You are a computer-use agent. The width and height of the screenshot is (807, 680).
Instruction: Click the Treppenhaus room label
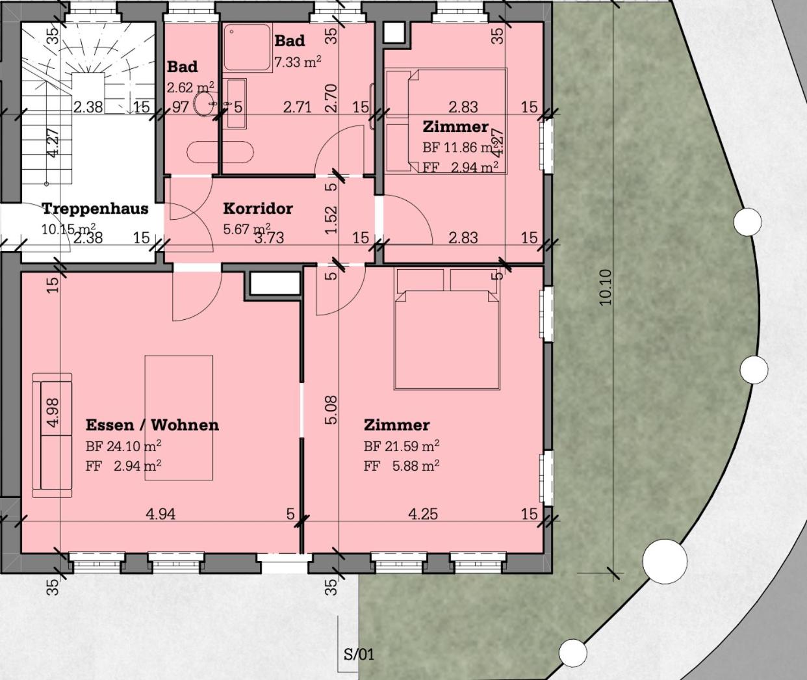click(95, 209)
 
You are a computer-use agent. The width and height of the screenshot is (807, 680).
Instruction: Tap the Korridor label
click(258, 209)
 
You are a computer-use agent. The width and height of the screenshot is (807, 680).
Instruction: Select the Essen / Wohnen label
click(152, 425)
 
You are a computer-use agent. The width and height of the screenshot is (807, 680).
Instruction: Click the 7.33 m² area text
click(298, 62)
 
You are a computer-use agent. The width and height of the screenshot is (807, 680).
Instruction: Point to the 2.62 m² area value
click(190, 87)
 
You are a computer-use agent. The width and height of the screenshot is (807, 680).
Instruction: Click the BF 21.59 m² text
click(401, 446)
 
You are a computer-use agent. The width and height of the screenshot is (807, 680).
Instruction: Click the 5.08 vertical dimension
click(331, 410)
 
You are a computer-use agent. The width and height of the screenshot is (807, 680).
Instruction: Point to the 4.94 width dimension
click(160, 514)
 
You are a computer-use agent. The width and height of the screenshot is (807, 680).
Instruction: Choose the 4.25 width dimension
click(423, 514)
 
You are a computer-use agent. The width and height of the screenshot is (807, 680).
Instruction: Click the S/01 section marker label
click(359, 655)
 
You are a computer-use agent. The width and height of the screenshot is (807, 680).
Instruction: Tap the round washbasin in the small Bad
click(205, 103)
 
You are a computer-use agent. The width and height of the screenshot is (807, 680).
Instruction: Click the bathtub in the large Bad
click(220, 151)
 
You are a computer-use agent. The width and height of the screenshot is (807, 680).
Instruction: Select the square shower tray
click(248, 47)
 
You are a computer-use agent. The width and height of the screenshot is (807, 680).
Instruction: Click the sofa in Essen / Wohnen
click(52, 435)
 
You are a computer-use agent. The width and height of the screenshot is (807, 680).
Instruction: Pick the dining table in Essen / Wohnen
click(179, 418)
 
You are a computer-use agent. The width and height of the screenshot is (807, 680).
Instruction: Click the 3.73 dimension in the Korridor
click(269, 237)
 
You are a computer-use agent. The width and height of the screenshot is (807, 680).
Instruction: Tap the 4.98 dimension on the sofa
click(53, 412)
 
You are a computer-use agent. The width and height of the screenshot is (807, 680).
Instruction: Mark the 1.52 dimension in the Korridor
click(331, 220)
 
